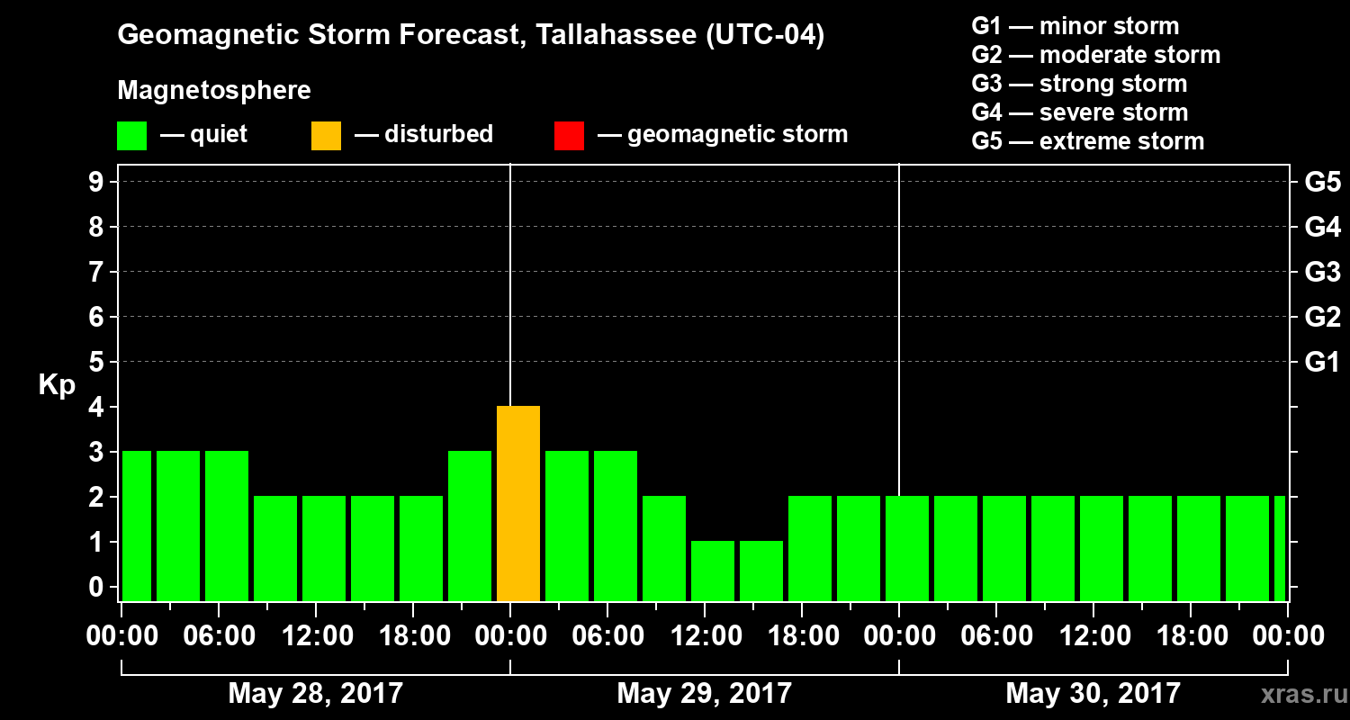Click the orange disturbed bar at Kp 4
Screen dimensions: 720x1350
pyautogui.click(x=518, y=503)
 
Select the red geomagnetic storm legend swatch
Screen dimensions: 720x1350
pyautogui.click(x=569, y=136)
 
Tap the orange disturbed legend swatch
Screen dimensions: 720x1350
pyautogui.click(x=326, y=136)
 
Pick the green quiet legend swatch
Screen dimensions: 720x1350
pyautogui.click(x=131, y=136)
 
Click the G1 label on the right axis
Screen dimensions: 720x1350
pyautogui.click(x=1322, y=363)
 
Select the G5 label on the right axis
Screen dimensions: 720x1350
pyautogui.click(x=1322, y=183)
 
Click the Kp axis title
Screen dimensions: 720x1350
pyautogui.click(x=57, y=385)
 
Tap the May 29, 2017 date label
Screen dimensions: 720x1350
pyautogui.click(x=704, y=694)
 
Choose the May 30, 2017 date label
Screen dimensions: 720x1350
pyautogui.click(x=1093, y=694)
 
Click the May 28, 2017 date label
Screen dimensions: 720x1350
pyautogui.click(x=315, y=694)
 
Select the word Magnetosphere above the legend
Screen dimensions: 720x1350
pyautogui.click(x=214, y=91)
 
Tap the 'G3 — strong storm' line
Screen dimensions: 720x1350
pyautogui.click(x=1079, y=84)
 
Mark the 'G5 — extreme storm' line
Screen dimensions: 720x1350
pyautogui.click(x=1087, y=141)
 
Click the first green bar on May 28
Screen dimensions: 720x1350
pyautogui.click(x=137, y=526)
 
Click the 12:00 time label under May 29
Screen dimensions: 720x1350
pyautogui.click(x=704, y=636)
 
